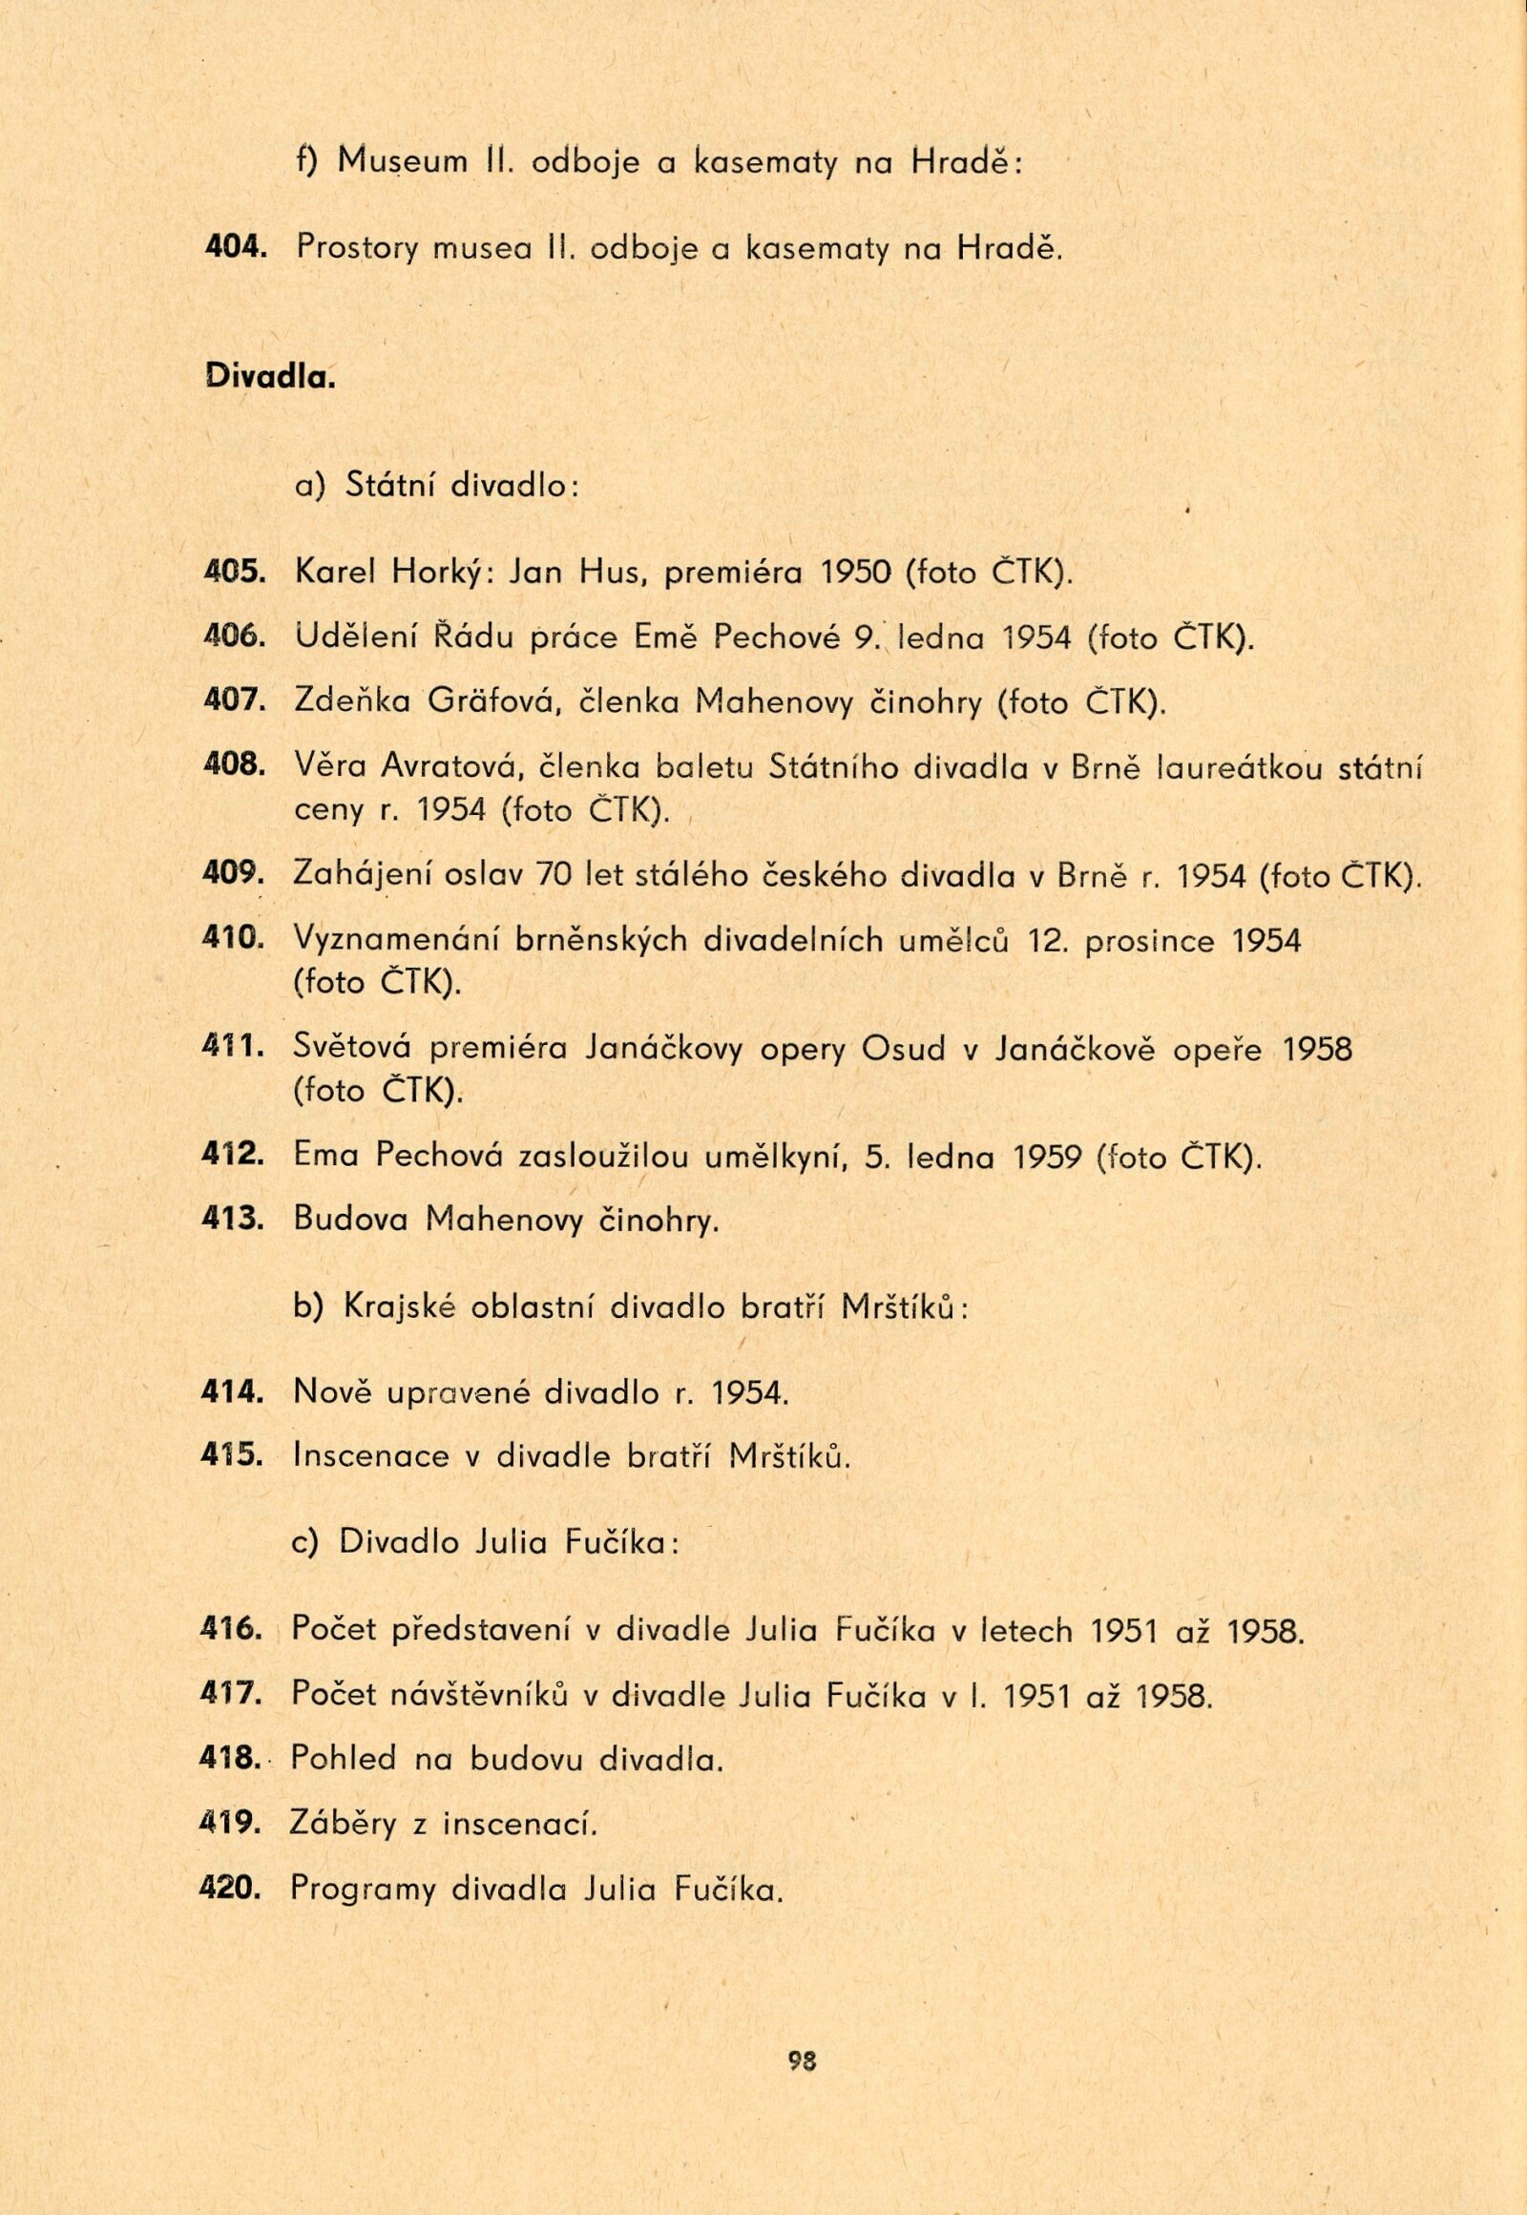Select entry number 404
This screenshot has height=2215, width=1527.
click(x=234, y=249)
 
